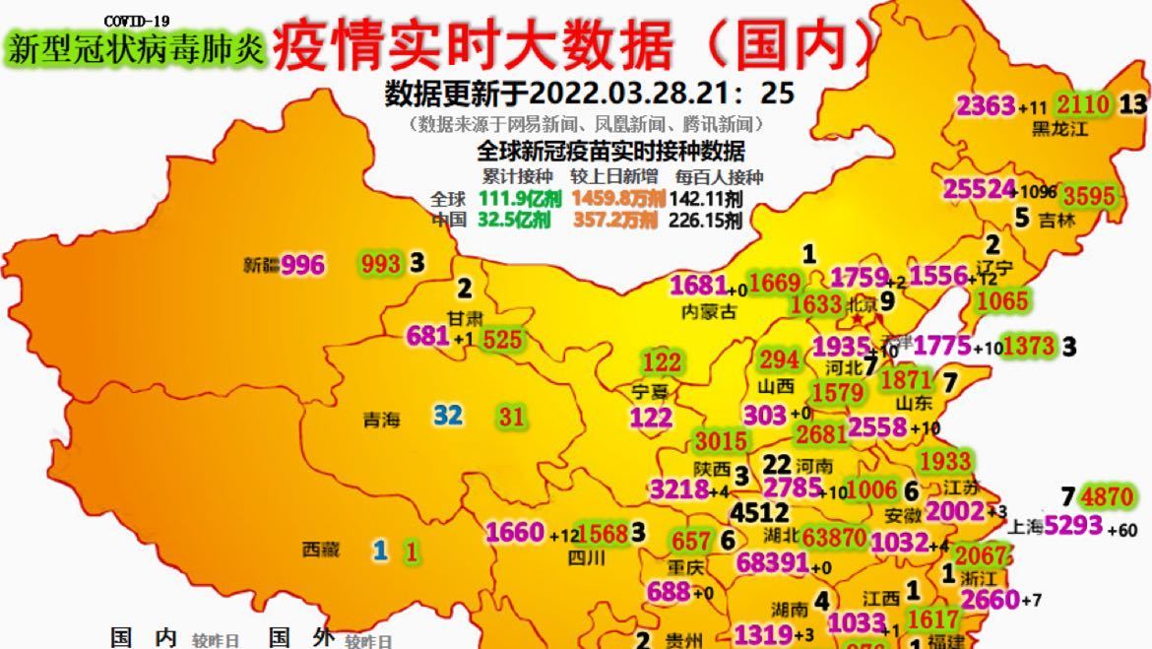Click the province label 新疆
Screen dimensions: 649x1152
point(262,265)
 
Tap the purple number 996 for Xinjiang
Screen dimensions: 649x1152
point(302,264)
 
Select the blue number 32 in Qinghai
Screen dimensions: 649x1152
point(448,416)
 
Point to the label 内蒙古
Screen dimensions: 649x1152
point(709,312)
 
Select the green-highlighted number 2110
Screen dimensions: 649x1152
point(1083,104)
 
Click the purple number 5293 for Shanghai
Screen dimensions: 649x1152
point(1073,526)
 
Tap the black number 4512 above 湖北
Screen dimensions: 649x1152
point(759,512)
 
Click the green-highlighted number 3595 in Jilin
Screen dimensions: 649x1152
point(1089,195)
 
